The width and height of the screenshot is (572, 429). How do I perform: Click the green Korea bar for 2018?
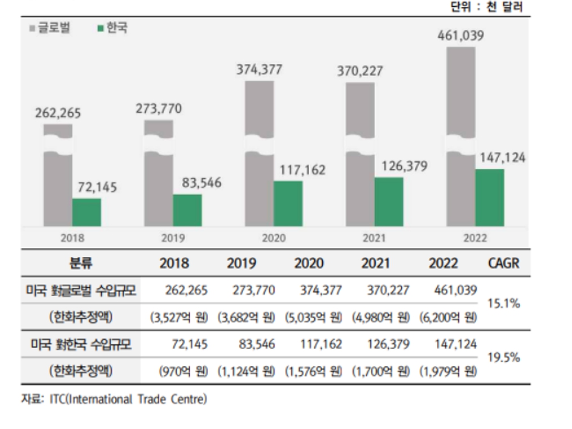(x=87, y=213)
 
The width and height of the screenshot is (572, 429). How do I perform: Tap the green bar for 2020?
(x=288, y=204)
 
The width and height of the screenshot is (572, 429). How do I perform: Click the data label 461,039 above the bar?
(x=461, y=36)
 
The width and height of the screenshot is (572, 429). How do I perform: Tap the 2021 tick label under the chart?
(x=374, y=238)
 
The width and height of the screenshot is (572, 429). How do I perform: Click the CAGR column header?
(x=503, y=263)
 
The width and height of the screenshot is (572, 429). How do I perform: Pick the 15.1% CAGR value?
(x=503, y=304)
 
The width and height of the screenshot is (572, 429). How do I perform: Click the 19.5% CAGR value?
(x=503, y=357)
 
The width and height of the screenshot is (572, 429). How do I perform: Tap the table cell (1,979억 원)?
(x=448, y=371)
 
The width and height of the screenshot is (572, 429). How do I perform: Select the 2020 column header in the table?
(x=309, y=263)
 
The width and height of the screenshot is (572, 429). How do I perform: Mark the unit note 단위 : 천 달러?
(x=486, y=7)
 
